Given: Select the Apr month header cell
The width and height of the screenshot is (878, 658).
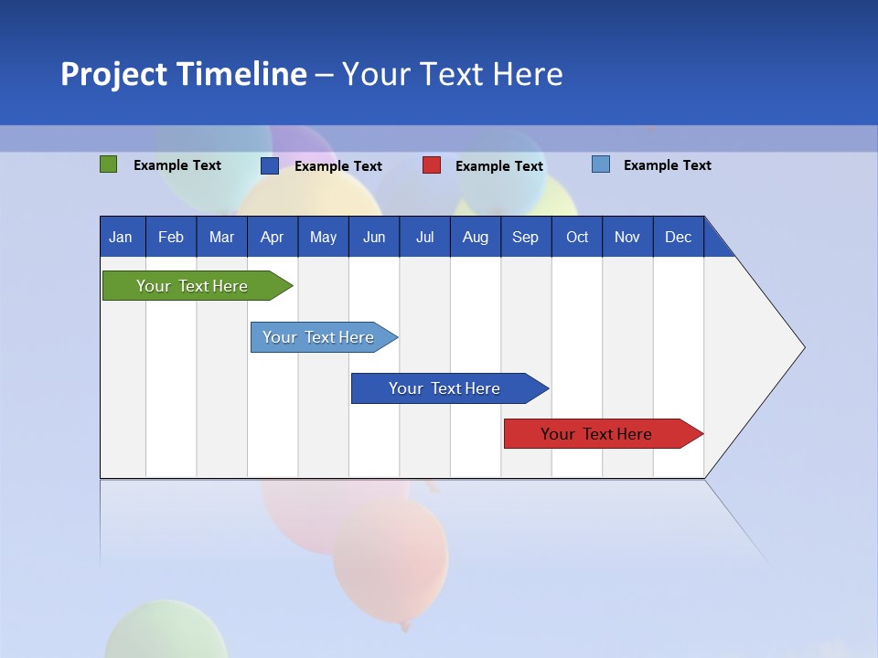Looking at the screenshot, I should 273,237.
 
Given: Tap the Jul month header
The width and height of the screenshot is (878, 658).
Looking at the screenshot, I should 424,237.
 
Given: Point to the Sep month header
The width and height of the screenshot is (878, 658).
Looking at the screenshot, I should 526,237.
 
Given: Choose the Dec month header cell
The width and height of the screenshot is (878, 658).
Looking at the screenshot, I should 678,237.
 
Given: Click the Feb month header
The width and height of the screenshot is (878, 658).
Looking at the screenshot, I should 171,237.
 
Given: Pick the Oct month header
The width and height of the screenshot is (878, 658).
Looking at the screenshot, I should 577,237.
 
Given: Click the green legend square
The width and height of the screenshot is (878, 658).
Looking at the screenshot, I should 108,164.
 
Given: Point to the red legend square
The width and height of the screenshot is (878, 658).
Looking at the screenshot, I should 432,165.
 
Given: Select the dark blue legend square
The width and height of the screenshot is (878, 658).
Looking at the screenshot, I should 270,165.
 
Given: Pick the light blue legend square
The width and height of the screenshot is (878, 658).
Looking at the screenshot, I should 601,164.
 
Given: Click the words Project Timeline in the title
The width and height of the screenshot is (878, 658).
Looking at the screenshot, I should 184,74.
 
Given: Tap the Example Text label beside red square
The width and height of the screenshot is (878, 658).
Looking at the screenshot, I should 499,166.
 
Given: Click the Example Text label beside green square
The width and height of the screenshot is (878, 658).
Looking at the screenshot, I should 177,165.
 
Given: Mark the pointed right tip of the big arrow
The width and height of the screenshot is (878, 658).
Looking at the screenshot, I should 803,347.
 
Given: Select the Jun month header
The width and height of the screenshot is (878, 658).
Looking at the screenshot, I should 374,237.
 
